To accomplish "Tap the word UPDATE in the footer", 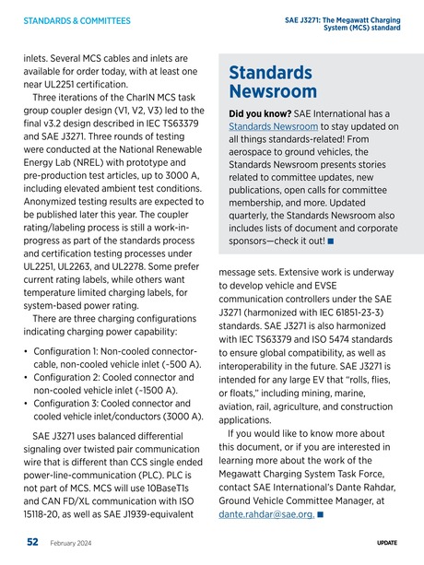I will click(x=386, y=544).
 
